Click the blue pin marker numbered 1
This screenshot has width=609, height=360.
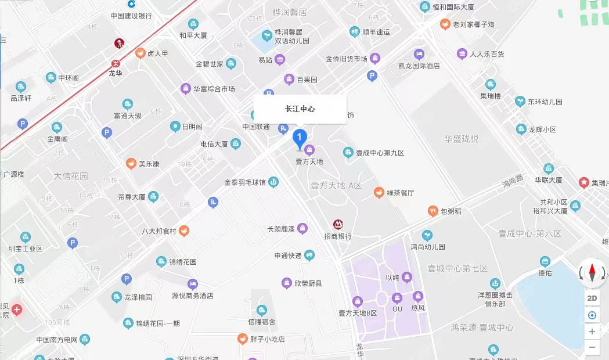299,138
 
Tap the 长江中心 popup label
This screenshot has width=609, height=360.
300,109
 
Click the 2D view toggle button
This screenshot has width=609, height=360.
592,298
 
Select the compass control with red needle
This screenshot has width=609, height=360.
592,272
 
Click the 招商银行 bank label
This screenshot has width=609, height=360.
337,236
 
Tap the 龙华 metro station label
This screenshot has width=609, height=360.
116,74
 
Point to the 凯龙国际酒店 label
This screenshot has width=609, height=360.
419,66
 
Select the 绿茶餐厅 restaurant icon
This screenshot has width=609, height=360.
379,192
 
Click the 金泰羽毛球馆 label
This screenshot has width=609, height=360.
245,183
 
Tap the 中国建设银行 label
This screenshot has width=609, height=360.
131,16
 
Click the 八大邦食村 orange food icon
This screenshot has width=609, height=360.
183,231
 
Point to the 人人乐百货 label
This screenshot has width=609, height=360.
487,55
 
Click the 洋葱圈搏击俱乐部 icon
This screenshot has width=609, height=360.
495,283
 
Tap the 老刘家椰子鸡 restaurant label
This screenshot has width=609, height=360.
474,24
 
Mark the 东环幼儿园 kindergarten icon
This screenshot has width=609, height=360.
520,102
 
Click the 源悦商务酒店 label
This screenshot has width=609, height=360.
193,296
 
